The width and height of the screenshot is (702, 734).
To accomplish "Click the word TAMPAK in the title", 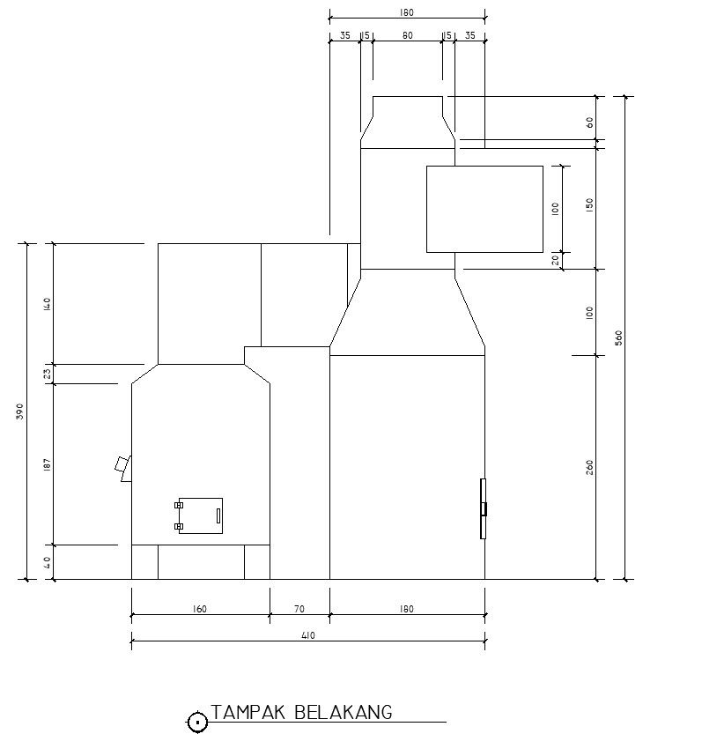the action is [x=248, y=712].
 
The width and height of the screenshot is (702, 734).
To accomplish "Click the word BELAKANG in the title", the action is [x=343, y=712].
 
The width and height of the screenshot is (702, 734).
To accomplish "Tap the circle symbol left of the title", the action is [x=197, y=723].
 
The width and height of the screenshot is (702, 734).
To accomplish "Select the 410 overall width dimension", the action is [x=308, y=635].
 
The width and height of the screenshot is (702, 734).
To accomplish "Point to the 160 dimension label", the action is [x=199, y=609].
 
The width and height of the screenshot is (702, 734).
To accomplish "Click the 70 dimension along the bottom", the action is [x=299, y=609].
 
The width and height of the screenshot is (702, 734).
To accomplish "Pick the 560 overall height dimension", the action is [x=618, y=338].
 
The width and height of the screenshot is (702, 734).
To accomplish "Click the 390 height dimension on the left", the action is [x=19, y=411].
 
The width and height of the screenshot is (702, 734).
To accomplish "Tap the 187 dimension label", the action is [x=47, y=464].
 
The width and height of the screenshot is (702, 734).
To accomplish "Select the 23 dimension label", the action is [x=47, y=374].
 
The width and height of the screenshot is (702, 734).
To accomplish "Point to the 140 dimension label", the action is [x=47, y=305].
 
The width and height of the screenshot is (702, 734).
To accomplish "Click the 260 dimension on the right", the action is [x=589, y=468].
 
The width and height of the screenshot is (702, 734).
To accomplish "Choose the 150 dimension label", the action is [x=589, y=205].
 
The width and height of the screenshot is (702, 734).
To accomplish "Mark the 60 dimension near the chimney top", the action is [x=589, y=122].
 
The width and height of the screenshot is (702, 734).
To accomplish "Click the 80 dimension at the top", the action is [x=408, y=35].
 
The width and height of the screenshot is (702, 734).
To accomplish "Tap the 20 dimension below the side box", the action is [x=556, y=260].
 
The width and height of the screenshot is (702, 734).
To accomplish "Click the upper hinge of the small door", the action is [x=179, y=505].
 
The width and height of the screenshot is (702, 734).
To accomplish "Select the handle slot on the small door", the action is [x=218, y=515].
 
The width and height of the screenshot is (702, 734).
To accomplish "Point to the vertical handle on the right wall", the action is [x=483, y=508].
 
